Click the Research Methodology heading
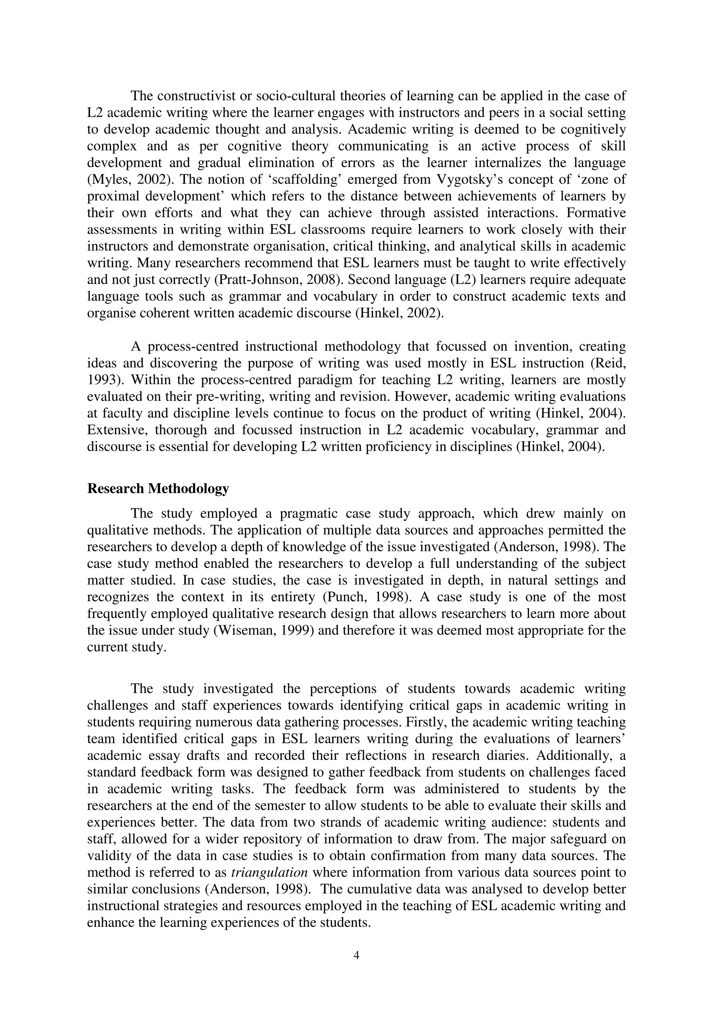point(158,489)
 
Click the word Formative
point(596,213)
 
